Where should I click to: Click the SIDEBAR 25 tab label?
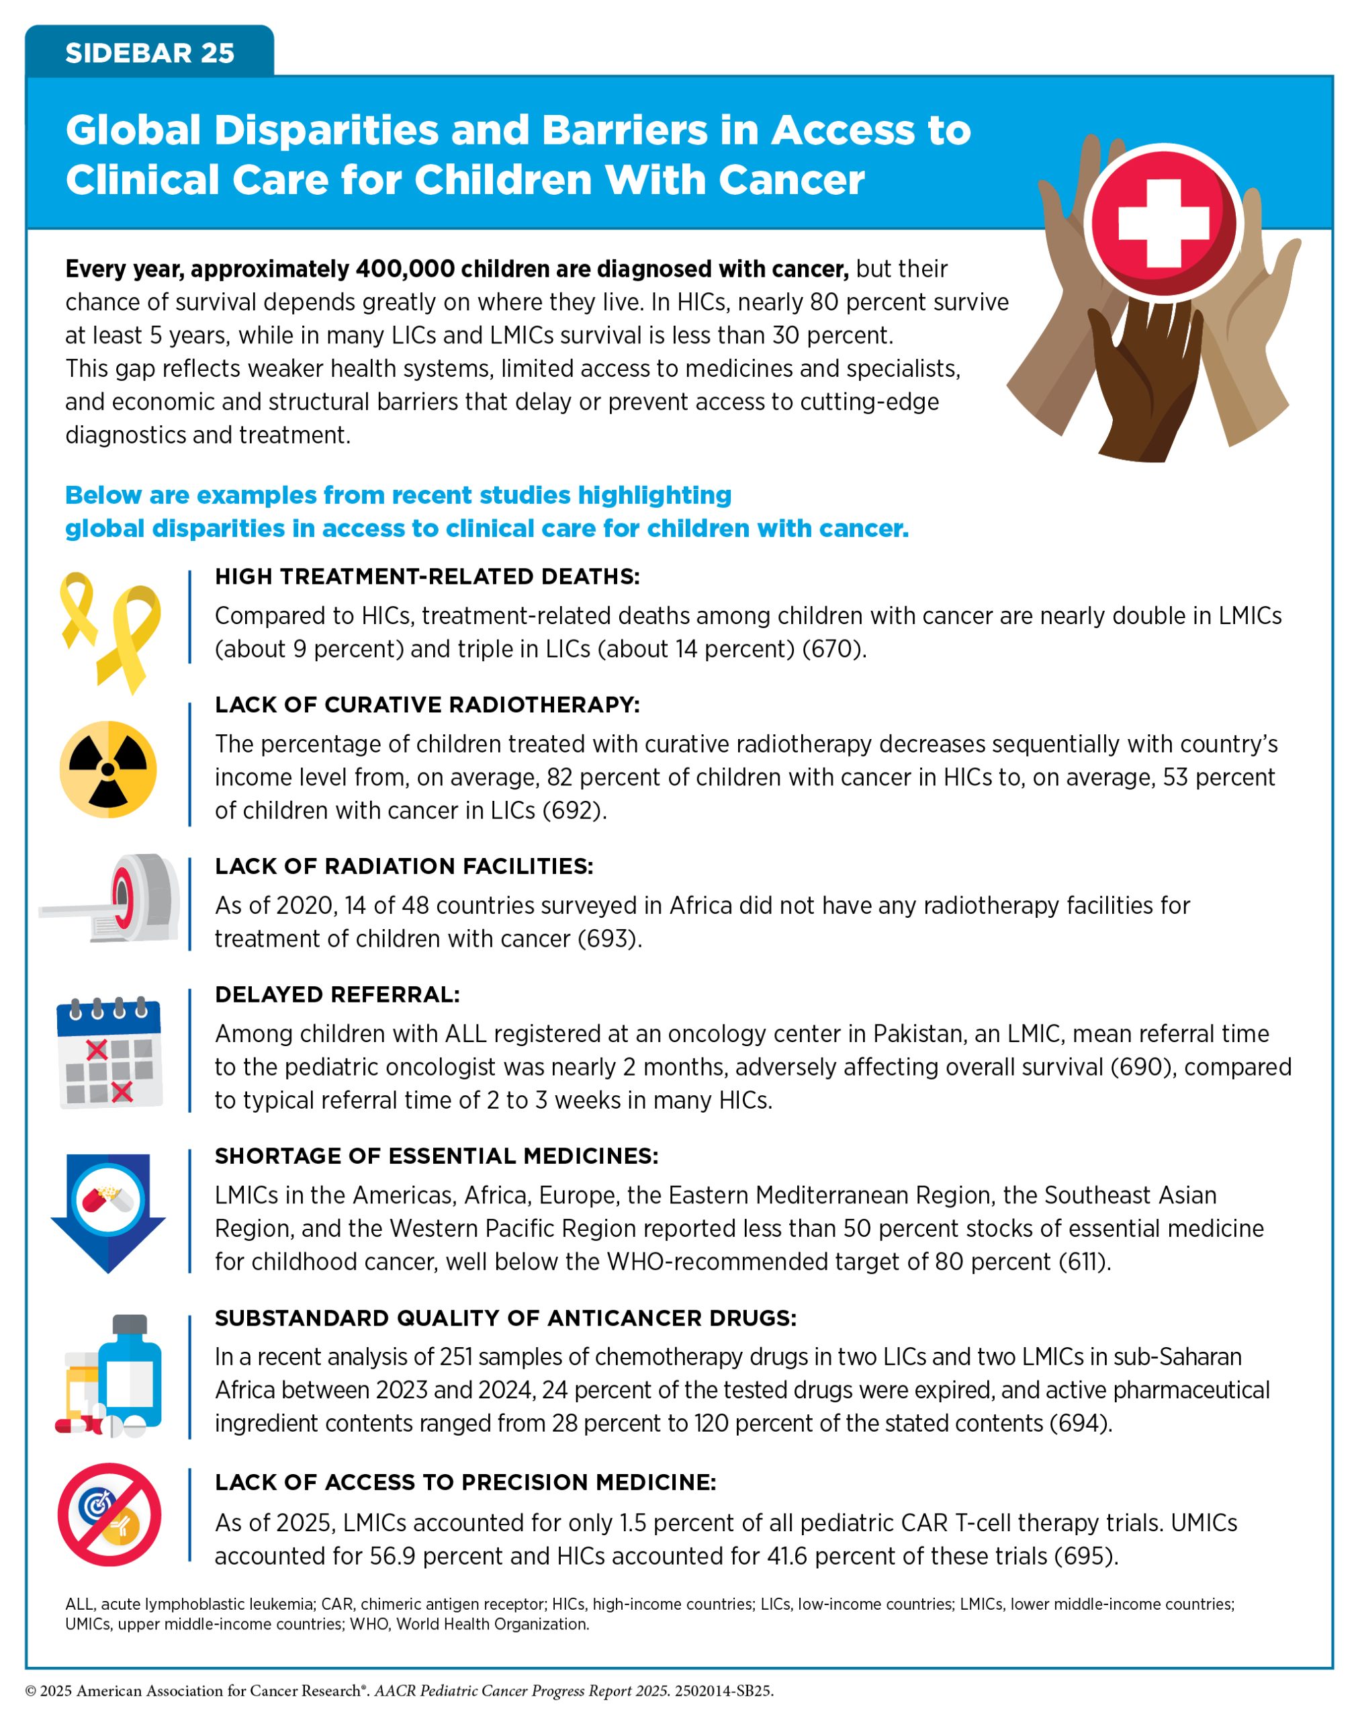click(x=150, y=53)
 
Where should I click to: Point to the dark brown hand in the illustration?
click(x=1145, y=382)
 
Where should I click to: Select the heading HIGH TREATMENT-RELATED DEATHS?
click(x=427, y=576)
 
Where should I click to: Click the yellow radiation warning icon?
click(x=108, y=769)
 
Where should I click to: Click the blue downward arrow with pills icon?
click(x=108, y=1211)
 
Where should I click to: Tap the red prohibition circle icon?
click(x=109, y=1515)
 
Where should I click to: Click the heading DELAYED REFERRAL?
click(x=337, y=995)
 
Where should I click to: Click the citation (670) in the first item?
click(x=832, y=650)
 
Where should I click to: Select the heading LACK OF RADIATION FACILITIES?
click(x=404, y=866)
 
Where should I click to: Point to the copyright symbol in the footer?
click(x=31, y=1690)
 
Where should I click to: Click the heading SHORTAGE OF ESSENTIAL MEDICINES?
click(x=437, y=1156)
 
